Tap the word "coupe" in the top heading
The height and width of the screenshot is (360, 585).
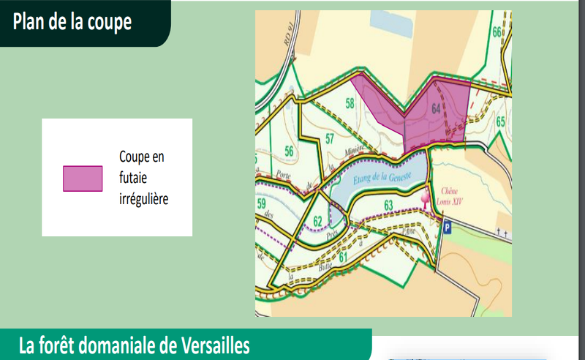click(x=111, y=23)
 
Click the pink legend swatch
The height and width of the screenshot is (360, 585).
click(x=82, y=179)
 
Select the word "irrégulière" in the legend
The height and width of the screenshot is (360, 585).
click(x=144, y=198)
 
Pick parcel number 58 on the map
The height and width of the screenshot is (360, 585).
click(x=350, y=104)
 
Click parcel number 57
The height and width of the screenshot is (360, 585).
click(x=329, y=139)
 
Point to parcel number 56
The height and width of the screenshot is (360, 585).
click(x=290, y=151)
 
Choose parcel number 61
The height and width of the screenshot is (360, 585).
click(x=343, y=258)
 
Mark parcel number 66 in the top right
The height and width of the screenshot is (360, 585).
click(x=497, y=32)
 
